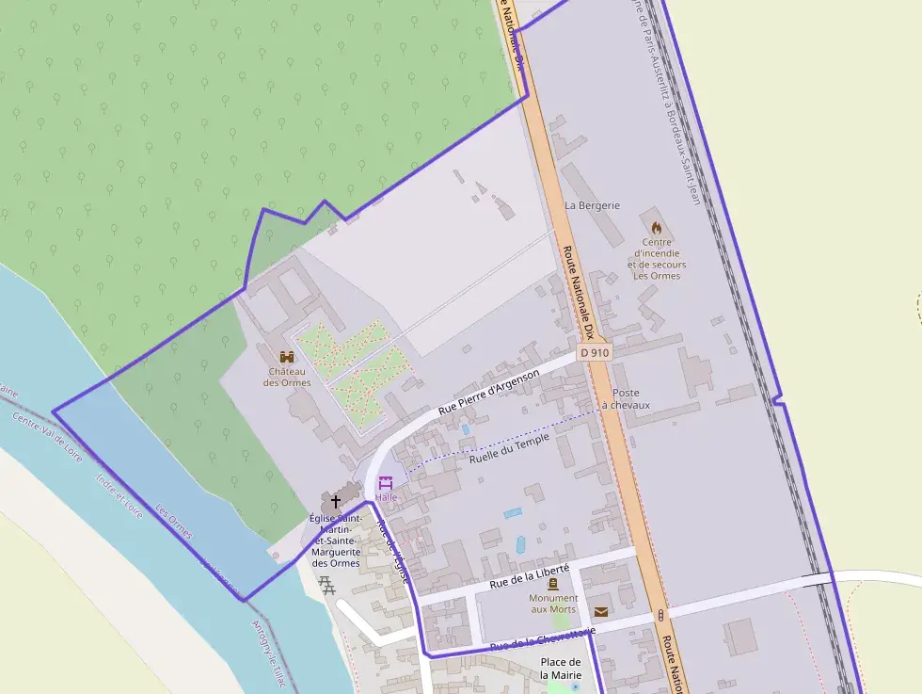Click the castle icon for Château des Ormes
coord(287,358)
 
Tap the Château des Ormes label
coord(287,377)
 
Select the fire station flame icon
coord(657,227)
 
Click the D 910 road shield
coord(595,352)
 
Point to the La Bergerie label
coord(593,205)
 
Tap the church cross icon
coord(336,501)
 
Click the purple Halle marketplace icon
coord(386,482)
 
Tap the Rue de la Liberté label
coord(530,575)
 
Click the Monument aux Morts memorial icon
coord(553,584)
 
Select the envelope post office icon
coord(601,611)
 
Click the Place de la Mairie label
coord(562,669)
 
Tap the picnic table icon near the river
coord(327,585)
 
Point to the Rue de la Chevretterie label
coord(543,639)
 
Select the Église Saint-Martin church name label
coord(336,541)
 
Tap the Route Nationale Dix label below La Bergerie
coord(580,292)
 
